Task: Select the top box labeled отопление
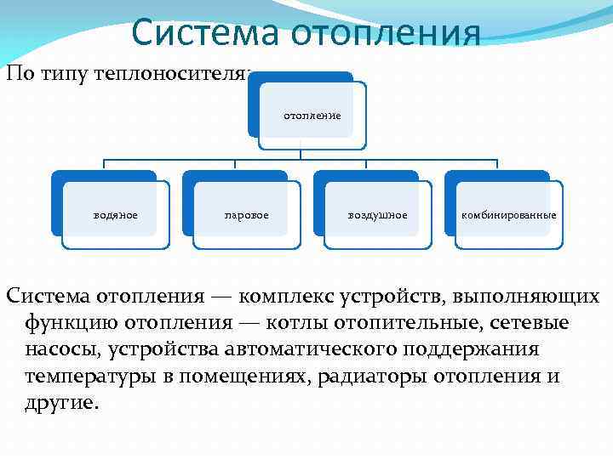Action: click(x=312, y=115)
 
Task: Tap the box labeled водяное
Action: click(x=115, y=215)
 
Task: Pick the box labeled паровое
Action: click(x=246, y=215)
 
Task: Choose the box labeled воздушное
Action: click(x=377, y=215)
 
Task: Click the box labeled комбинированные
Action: click(x=508, y=215)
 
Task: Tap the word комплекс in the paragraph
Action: click(x=287, y=297)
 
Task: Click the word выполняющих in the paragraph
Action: click(x=529, y=297)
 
